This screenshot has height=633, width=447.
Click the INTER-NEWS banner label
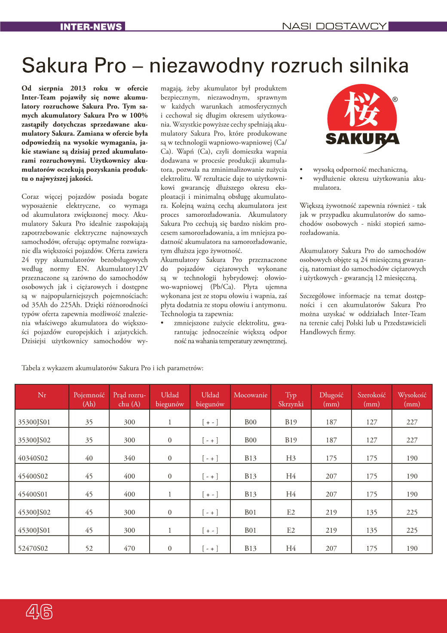pyautogui.click(x=91, y=27)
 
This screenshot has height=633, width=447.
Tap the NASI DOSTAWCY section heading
pyautogui.click(x=334, y=26)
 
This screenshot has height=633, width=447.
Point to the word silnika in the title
pyautogui.click(x=379, y=65)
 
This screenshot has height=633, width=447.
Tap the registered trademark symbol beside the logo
pyautogui.click(x=395, y=99)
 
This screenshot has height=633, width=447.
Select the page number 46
pyautogui.click(x=39, y=611)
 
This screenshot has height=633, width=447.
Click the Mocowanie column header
pyautogui.click(x=251, y=395)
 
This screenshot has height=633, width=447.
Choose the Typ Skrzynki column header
pyautogui.click(x=291, y=399)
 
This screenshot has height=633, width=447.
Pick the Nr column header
pyautogui.click(x=42, y=395)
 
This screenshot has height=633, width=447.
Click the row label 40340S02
pyautogui.click(x=33, y=458)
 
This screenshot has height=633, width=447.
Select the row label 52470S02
pyautogui.click(x=33, y=549)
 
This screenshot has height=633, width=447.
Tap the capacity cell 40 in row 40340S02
pyautogui.click(x=89, y=458)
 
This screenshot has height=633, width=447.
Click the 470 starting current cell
pyautogui.click(x=129, y=549)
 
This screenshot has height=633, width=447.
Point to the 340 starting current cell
pyautogui.click(x=129, y=458)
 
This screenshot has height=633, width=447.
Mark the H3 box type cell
pyautogui.click(x=291, y=458)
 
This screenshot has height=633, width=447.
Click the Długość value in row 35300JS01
pyautogui.click(x=331, y=422)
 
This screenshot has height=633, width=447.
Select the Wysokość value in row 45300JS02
pyautogui.click(x=412, y=513)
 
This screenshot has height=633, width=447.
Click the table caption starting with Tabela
pyautogui.click(x=113, y=368)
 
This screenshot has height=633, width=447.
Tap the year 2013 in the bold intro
pyautogui.click(x=78, y=88)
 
